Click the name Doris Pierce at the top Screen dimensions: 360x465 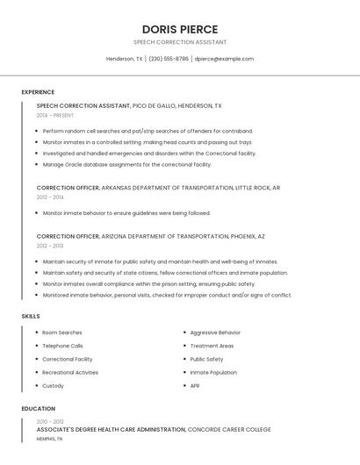point(179,29)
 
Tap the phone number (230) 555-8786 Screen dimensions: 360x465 point(168,59)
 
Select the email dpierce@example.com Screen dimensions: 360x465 point(224,59)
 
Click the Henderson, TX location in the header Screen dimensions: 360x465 point(124,59)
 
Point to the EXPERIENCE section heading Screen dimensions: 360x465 point(38,92)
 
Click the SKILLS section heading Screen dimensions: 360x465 point(31,316)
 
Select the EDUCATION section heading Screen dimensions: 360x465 point(38,409)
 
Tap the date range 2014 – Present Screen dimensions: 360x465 point(55,115)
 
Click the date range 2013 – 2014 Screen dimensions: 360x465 point(50,197)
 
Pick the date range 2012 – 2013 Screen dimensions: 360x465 point(50,246)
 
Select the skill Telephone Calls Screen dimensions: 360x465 point(62,346)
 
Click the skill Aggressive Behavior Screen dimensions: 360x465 point(215,333)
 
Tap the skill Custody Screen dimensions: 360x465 point(53,385)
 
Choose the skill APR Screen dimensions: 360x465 point(195,385)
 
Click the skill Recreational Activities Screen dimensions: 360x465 point(70,372)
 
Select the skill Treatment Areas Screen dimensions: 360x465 point(212,346)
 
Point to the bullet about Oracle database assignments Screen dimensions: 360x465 point(126,164)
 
